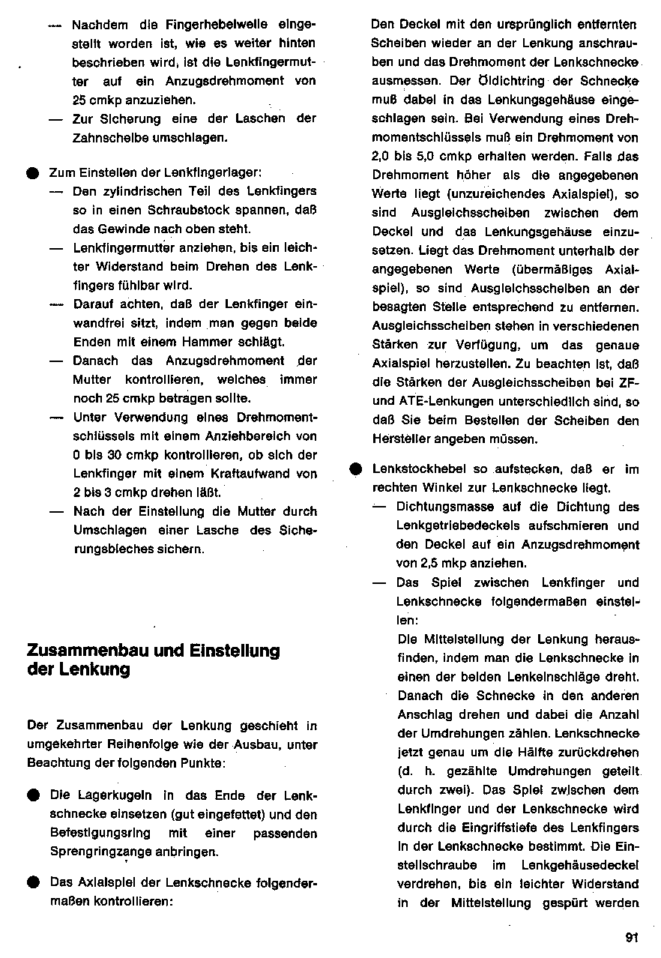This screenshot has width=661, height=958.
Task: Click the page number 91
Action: tap(630, 937)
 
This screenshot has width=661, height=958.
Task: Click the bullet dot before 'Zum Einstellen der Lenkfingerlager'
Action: tap(33, 173)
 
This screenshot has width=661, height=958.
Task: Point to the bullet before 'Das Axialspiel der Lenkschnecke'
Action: tap(33, 882)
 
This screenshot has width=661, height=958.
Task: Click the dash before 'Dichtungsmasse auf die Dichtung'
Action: tap(380, 507)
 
